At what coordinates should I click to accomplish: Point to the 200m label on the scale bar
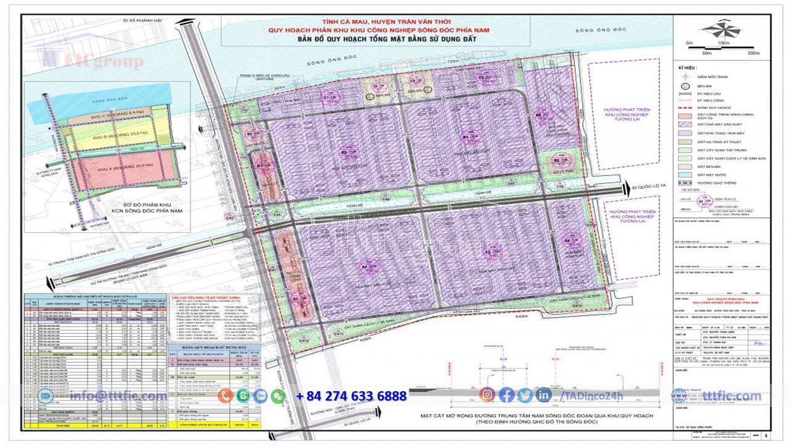[x=753, y=53]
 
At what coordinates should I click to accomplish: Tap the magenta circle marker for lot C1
[x=328, y=97]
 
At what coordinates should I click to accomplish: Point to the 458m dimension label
[x=368, y=340]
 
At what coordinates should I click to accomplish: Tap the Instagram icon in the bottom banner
[x=488, y=395]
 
